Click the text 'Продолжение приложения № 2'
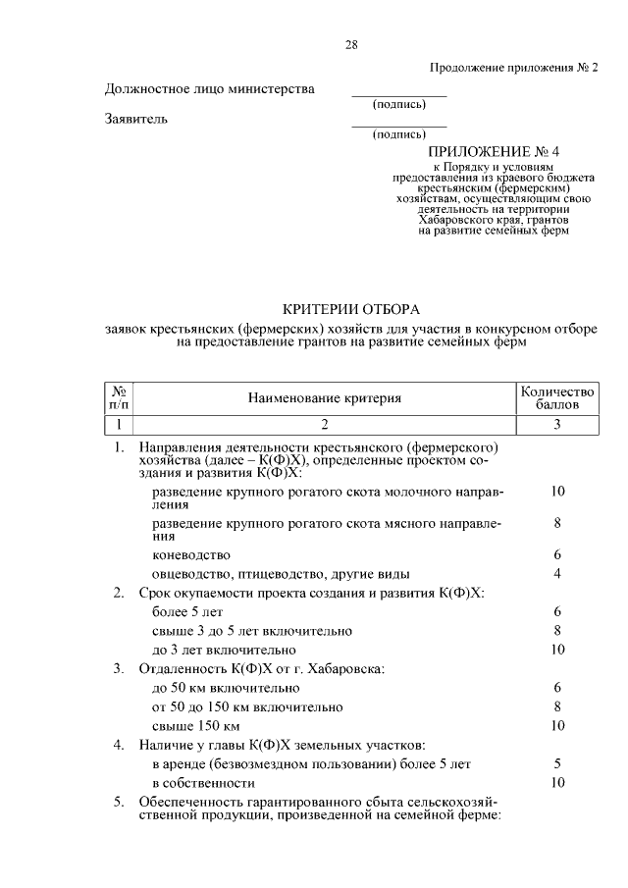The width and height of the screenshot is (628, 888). click(x=513, y=67)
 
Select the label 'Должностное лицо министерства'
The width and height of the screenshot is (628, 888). click(x=210, y=89)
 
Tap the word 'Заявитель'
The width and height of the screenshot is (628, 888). click(x=136, y=120)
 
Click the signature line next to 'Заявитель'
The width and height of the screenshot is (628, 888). click(x=398, y=126)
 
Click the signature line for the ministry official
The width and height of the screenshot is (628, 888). click(x=398, y=95)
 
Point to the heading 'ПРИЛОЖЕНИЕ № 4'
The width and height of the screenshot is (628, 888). click(x=492, y=152)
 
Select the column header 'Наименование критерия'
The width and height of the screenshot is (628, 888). click(x=325, y=397)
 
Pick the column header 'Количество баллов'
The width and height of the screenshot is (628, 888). click(x=556, y=397)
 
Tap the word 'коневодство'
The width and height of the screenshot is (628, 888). click(x=191, y=554)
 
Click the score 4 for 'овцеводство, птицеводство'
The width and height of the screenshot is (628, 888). click(x=556, y=573)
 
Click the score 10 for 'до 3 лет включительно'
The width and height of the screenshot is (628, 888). click(x=556, y=650)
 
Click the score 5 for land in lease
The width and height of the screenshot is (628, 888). click(x=556, y=763)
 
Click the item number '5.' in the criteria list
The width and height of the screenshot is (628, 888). click(x=118, y=802)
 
